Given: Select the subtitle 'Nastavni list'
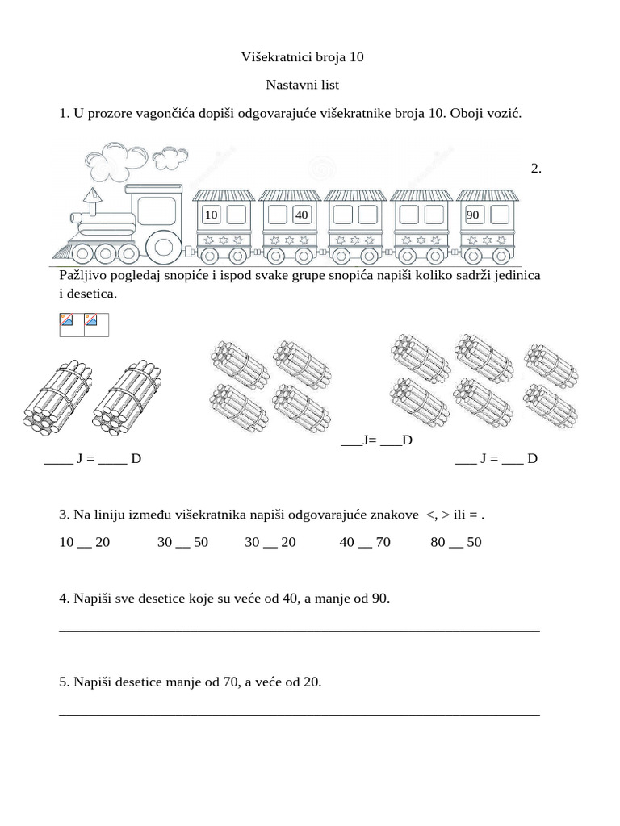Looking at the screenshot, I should point(303,85).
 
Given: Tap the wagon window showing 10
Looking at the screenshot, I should point(211,215).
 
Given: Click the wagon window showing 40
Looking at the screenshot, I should point(302,215).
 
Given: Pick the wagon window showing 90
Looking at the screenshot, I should point(473,215).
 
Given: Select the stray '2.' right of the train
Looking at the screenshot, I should point(536,168).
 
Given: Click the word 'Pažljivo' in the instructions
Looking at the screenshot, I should point(82,276).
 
